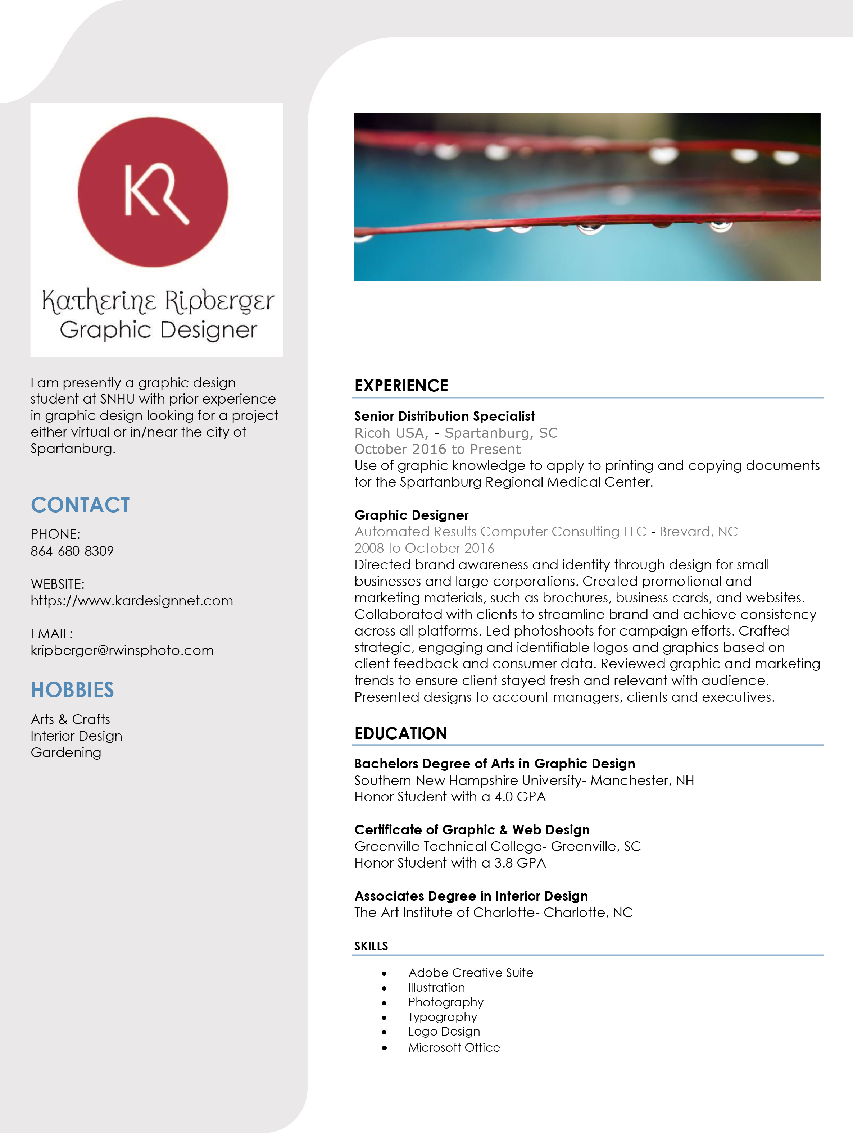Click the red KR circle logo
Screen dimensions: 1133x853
(x=153, y=192)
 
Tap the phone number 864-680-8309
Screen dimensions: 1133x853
(x=72, y=551)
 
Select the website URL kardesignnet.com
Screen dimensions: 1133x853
(x=132, y=600)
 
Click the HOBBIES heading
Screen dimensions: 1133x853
(x=72, y=690)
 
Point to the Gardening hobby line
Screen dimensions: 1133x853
(x=65, y=752)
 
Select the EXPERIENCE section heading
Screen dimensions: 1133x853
(x=401, y=386)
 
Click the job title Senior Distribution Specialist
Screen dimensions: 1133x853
(x=444, y=416)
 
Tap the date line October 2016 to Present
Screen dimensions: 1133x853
(x=437, y=449)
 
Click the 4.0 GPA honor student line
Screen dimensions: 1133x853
(x=450, y=797)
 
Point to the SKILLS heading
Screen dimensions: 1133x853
(x=371, y=946)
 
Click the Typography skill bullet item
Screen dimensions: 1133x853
(x=443, y=1017)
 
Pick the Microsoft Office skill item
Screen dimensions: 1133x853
(x=454, y=1047)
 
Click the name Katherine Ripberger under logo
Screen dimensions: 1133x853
(x=158, y=301)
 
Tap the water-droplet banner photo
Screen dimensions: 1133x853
(x=587, y=197)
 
